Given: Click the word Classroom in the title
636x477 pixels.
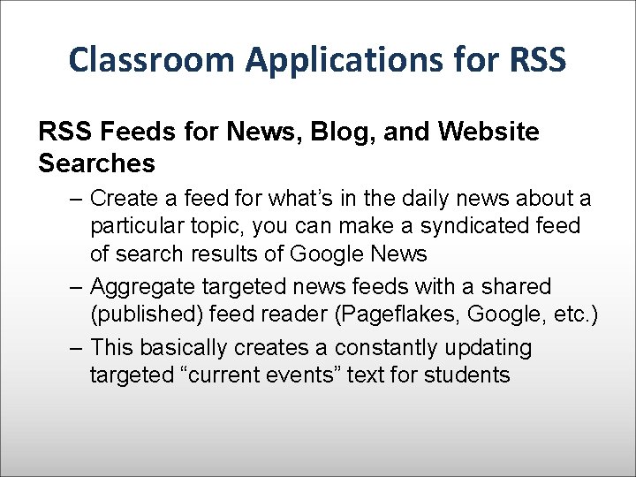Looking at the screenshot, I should (152, 59).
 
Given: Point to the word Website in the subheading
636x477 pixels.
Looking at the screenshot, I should (491, 132).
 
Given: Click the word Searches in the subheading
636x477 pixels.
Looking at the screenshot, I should (97, 163).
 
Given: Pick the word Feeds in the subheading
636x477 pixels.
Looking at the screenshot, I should (137, 132).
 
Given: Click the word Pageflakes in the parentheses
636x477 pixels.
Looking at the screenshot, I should (412, 314).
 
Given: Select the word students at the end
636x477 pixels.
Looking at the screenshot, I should (467, 375).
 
